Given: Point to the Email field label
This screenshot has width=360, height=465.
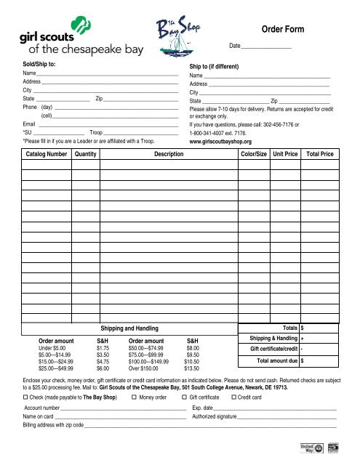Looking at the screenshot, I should click(29, 124).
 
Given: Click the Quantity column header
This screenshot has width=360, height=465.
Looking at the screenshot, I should click(86, 155).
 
